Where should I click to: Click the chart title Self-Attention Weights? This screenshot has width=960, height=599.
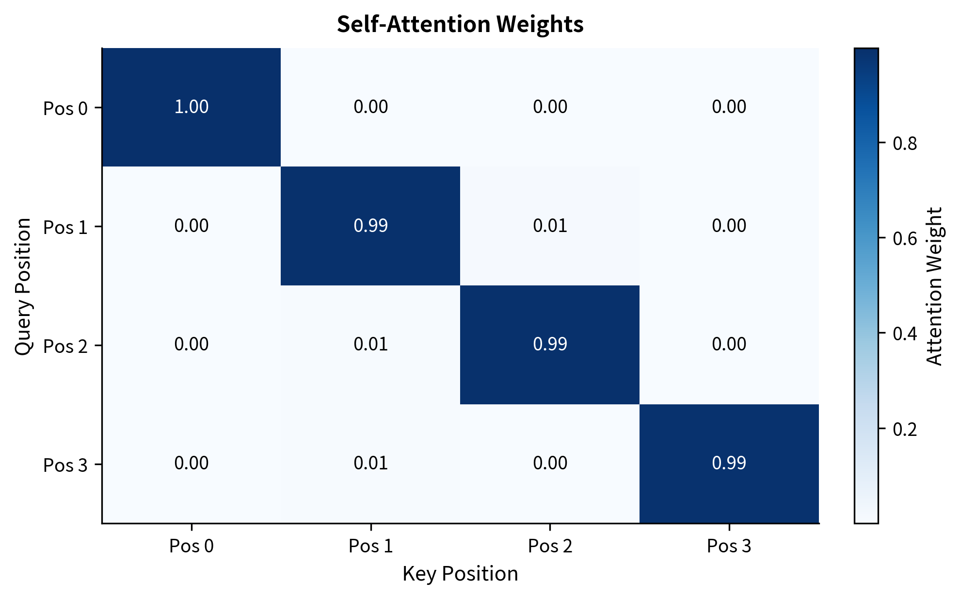(460, 24)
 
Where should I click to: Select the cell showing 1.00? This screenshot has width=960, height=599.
(191, 107)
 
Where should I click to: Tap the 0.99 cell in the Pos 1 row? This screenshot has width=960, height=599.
(370, 226)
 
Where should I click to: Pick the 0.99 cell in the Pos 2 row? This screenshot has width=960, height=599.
(550, 344)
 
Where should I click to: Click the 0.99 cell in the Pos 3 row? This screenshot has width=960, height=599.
(729, 463)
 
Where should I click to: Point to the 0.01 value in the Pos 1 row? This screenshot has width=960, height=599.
(550, 226)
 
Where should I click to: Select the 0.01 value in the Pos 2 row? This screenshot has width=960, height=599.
(370, 344)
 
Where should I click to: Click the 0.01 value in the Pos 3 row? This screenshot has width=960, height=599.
(370, 463)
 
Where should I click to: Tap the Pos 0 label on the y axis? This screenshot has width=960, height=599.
(65, 108)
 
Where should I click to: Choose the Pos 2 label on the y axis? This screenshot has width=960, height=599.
(65, 347)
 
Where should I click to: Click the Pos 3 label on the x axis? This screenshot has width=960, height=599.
(729, 546)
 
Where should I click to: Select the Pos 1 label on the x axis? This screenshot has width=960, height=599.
(370, 546)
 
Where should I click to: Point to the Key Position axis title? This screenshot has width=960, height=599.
(460, 574)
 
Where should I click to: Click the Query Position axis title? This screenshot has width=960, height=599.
(23, 286)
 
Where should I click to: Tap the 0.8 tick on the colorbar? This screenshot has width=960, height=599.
(905, 144)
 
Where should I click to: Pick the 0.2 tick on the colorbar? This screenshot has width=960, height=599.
(905, 430)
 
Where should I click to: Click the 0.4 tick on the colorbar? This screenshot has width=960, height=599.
(905, 334)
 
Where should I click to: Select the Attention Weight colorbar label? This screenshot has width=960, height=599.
(934, 286)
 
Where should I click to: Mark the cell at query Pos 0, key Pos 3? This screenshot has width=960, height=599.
(729, 107)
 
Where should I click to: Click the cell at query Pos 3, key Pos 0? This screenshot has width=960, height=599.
(191, 463)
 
